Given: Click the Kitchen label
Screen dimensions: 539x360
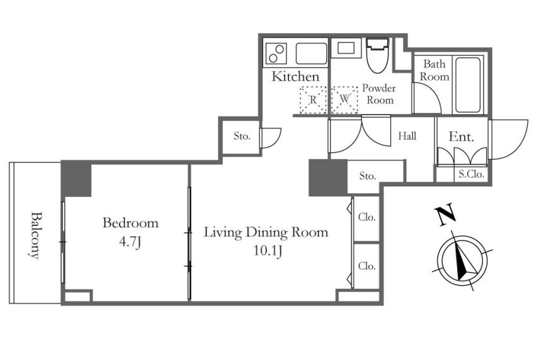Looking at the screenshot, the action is pyautogui.click(x=295, y=76).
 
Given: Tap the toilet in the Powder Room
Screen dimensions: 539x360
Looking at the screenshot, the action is pyautogui.click(x=377, y=55).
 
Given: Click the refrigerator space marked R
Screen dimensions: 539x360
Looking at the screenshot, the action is pyautogui.click(x=313, y=100).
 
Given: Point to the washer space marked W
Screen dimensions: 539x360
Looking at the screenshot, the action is pyautogui.click(x=345, y=100).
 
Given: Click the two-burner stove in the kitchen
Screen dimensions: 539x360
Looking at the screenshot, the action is pyautogui.click(x=276, y=53).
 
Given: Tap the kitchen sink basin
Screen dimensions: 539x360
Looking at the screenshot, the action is pyautogui.click(x=311, y=53).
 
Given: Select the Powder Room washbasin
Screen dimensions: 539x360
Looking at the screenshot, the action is pyautogui.click(x=346, y=48).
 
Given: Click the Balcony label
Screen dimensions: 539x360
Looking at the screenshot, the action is pyautogui.click(x=36, y=235).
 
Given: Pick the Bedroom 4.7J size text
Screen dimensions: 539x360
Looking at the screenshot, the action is pyautogui.click(x=130, y=242).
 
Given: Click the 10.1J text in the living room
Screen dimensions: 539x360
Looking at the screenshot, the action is pyautogui.click(x=268, y=251).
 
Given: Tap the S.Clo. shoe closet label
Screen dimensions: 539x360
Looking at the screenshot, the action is pyautogui.click(x=471, y=174).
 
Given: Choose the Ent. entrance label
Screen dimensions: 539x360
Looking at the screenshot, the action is pyautogui.click(x=462, y=137).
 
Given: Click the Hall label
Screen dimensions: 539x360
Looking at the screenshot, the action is pyautogui.click(x=407, y=136).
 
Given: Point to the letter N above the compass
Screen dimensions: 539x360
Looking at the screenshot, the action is pyautogui.click(x=445, y=215).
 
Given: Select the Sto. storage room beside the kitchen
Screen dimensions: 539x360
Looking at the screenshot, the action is pyautogui.click(x=242, y=137).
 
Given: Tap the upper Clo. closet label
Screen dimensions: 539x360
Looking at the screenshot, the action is pyautogui.click(x=366, y=217).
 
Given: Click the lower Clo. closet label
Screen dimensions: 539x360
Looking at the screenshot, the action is pyautogui.click(x=366, y=266).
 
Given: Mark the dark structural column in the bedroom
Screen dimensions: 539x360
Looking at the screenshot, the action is pyautogui.click(x=76, y=179).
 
